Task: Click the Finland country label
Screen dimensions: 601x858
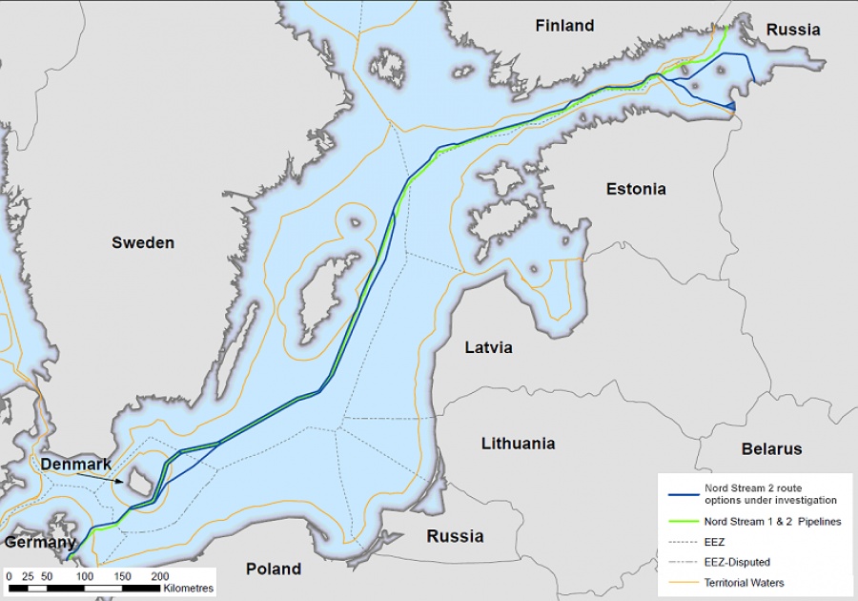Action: pos(564,26)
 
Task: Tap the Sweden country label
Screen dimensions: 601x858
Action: pos(143,242)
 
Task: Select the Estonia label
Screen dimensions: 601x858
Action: pos(636,189)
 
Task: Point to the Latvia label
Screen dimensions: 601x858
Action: pos(488,347)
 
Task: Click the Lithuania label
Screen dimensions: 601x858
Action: pos(518,444)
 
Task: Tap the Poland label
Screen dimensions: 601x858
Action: pos(274,569)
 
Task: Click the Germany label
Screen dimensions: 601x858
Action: pos(39,542)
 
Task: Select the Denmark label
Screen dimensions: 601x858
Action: pos(76,464)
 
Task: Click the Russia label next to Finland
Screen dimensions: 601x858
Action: pos(792,30)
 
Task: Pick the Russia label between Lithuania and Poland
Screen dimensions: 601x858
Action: pos(455,536)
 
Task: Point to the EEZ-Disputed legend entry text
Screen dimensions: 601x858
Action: pos(737,562)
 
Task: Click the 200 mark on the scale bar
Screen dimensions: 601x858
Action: pos(160,576)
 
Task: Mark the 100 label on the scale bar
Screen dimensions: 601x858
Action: pos(85,576)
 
